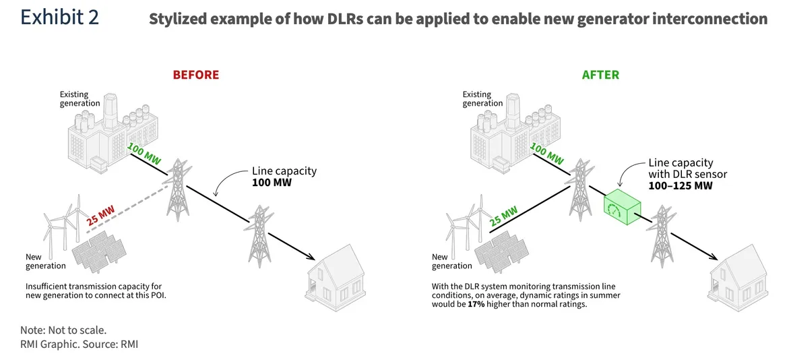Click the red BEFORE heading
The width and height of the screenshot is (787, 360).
pos(195,75)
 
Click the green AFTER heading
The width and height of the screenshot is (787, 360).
pos(600,75)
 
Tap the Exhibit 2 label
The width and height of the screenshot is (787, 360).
pos(59,18)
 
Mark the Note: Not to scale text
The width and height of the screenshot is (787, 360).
pos(63,330)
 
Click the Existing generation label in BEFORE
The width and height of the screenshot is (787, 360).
pos(80,98)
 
